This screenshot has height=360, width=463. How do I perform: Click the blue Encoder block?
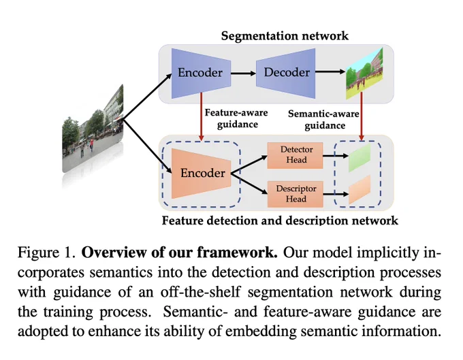pyautogui.click(x=201, y=73)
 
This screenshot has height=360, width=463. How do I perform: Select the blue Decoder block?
pyautogui.click(x=285, y=73)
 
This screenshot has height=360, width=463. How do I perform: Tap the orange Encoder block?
pyautogui.click(x=201, y=174)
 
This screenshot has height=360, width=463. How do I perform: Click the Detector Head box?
pyautogui.click(x=295, y=155)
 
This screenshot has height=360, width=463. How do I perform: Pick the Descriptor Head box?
pyautogui.click(x=295, y=194)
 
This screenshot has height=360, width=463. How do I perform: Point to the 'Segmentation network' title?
pyautogui.click(x=285, y=36)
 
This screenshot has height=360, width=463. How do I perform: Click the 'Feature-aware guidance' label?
pyautogui.click(x=236, y=118)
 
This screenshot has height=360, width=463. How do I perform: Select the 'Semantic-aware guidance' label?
pyautogui.click(x=323, y=120)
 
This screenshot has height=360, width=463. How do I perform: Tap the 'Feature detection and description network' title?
pyautogui.click(x=280, y=220)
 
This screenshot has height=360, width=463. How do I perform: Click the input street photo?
pyautogui.click(x=93, y=129)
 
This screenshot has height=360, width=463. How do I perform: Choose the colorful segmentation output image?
pyautogui.click(x=364, y=73)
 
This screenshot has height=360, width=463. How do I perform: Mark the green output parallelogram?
pyautogui.click(x=360, y=158)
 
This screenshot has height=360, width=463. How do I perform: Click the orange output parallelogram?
pyautogui.click(x=360, y=190)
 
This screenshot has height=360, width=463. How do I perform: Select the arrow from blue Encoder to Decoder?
pyautogui.click(x=243, y=73)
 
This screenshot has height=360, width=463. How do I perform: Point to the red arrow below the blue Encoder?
pyautogui.click(x=202, y=117)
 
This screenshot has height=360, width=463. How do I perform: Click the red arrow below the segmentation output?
pyautogui.click(x=362, y=116)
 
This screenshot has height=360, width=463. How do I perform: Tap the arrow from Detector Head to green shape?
pyautogui.click(x=336, y=156)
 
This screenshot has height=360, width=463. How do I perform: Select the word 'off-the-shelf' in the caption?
pyautogui.click(x=200, y=292)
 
